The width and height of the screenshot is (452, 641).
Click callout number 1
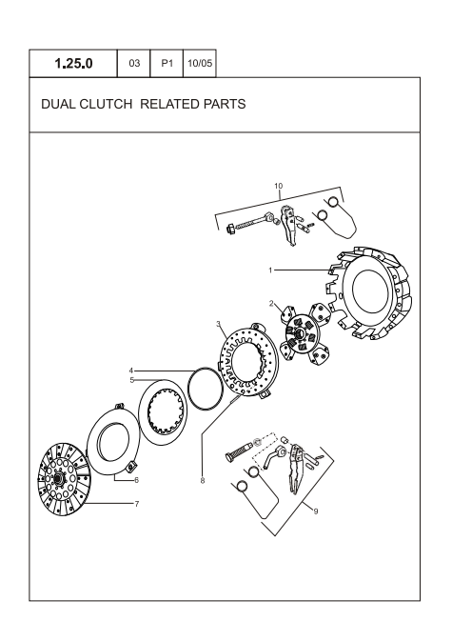coord(270,270)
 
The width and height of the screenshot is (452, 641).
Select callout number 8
coord(202,482)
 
